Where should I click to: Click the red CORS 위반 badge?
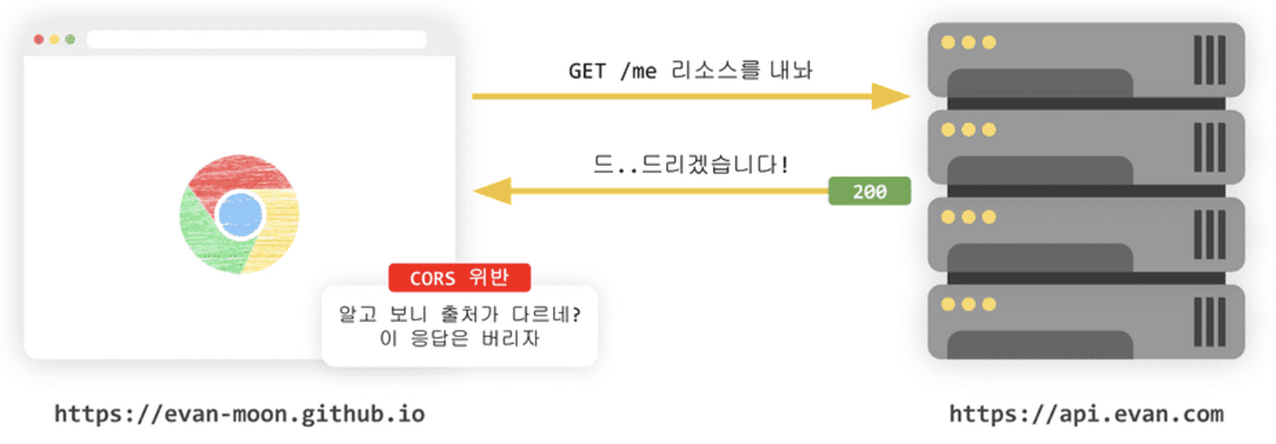point(459,277)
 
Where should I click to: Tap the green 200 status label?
point(869,191)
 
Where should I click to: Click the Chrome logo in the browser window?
point(239,215)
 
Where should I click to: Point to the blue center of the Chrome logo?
point(239,215)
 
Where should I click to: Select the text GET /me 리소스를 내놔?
point(690,71)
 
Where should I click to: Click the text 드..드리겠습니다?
point(690,166)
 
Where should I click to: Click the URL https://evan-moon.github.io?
point(239,413)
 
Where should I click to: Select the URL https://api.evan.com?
point(1086,413)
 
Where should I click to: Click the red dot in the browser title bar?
point(38,39)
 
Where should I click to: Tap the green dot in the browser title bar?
point(69,39)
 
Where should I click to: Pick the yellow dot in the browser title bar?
point(54,39)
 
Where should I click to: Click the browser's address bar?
point(256,39)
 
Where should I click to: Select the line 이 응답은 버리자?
point(459,338)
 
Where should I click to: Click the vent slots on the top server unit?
point(1210,60)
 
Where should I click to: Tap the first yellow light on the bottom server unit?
point(948,304)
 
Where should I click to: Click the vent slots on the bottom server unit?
point(1210,321)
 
